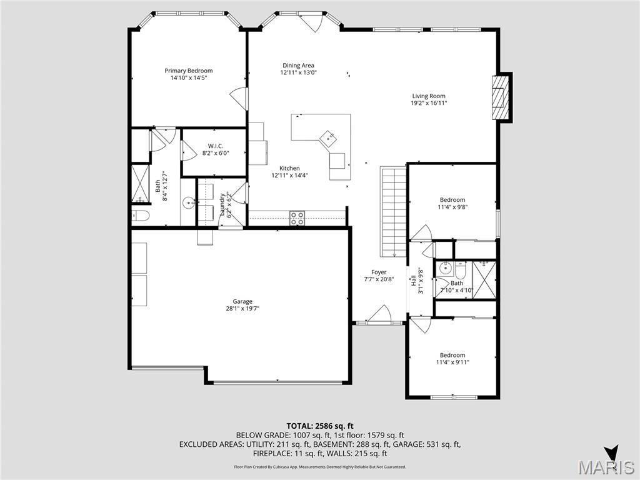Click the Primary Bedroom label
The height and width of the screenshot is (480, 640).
pos(188,71)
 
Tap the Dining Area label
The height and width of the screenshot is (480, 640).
pos(298,65)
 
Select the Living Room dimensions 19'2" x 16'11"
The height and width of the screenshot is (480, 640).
pos(429,103)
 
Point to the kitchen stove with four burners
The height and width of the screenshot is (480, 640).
pos(297,218)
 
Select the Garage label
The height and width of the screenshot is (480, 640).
pos(242,301)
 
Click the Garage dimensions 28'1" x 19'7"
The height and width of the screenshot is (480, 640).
pos(242,308)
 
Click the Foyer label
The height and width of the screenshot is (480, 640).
pos(379,272)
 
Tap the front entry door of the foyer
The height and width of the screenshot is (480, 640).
pos(379,316)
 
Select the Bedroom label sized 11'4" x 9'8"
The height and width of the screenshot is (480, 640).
pos(452,199)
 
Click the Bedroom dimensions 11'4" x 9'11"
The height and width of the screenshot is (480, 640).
pos(452,362)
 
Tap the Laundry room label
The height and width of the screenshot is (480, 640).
pos(222,203)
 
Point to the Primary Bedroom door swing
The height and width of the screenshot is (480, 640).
pos(239,99)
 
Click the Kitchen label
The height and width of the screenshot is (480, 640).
pos(289,168)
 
